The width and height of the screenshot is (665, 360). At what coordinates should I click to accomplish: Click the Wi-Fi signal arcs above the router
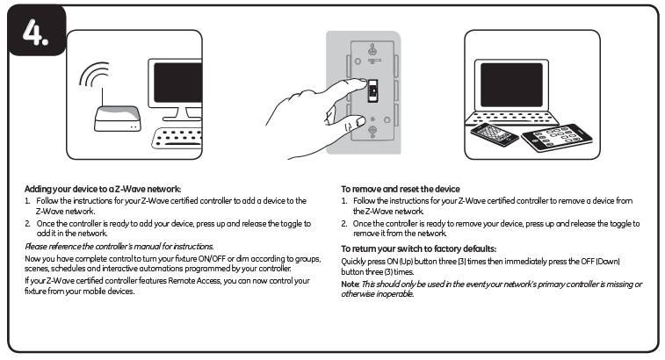click(96, 80)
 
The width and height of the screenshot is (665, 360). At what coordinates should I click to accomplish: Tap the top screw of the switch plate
click(372, 50)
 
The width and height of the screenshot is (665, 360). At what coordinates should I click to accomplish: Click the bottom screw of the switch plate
click(372, 132)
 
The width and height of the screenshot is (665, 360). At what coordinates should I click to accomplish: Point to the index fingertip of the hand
click(361, 84)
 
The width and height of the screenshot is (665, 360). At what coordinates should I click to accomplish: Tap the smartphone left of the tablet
click(495, 133)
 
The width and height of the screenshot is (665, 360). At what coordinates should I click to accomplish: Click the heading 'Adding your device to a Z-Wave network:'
click(103, 189)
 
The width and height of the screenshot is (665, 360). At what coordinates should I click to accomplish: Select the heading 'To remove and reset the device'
click(400, 189)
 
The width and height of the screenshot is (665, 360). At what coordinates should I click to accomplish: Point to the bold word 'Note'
click(350, 284)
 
